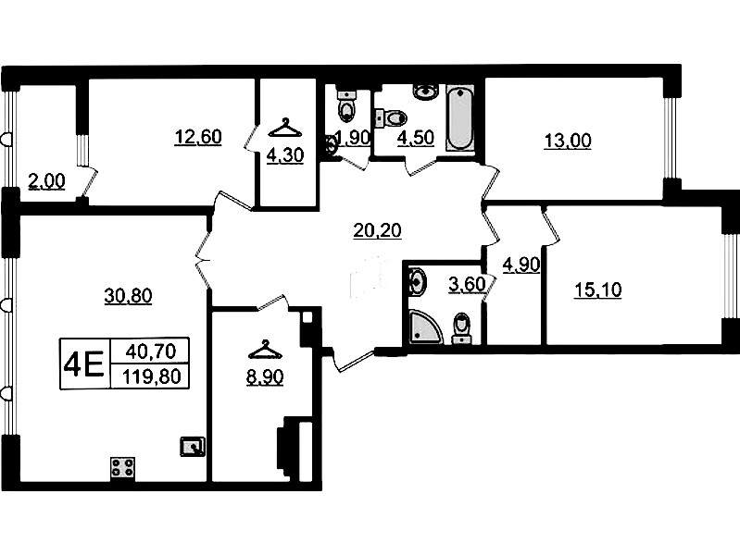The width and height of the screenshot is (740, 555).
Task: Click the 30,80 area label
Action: click(x=128, y=296)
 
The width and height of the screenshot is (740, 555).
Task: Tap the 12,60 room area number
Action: click(x=198, y=137)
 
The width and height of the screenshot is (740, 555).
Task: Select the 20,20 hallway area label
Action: click(x=378, y=230)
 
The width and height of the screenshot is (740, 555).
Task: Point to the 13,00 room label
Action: click(x=568, y=141)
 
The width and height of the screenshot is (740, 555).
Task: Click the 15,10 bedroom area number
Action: click(x=598, y=290)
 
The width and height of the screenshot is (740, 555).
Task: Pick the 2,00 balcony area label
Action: click(x=46, y=181)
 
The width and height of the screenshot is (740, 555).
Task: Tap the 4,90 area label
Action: click(x=521, y=265)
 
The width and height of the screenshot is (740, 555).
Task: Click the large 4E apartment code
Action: click(x=84, y=364)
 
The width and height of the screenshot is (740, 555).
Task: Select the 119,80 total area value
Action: click(x=152, y=377)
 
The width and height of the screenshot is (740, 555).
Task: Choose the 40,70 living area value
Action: click(x=151, y=351)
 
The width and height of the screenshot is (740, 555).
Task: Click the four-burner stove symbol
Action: click(x=122, y=468)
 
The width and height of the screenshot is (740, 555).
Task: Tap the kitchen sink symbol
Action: click(x=193, y=446)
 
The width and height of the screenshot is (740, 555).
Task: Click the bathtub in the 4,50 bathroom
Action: click(x=459, y=117)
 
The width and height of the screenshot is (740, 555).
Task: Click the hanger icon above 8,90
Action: click(x=265, y=351)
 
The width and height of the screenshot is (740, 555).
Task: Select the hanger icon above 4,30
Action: click(x=285, y=128)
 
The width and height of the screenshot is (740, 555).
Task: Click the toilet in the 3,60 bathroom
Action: click(x=461, y=327)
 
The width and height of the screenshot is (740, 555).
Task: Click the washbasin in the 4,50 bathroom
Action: click(x=426, y=91)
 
